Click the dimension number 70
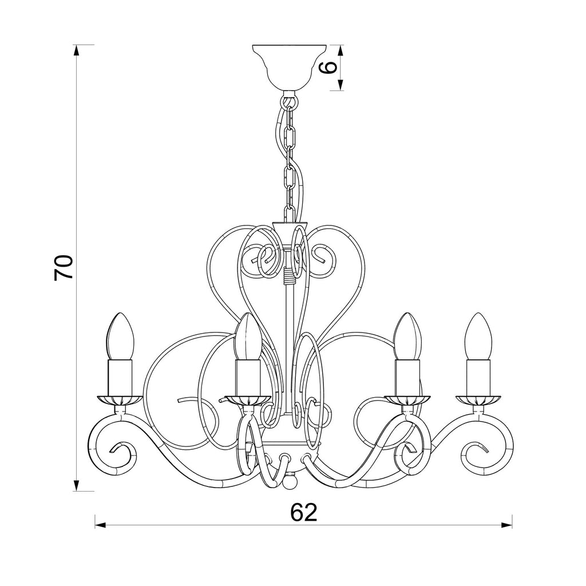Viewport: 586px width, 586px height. (63, 268)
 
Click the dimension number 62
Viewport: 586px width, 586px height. (303, 512)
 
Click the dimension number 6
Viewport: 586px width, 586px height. (330, 68)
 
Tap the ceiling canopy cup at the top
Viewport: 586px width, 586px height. (290, 68)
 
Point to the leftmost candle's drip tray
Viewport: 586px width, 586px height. (120, 400)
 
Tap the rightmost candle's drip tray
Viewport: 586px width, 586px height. (478, 400)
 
